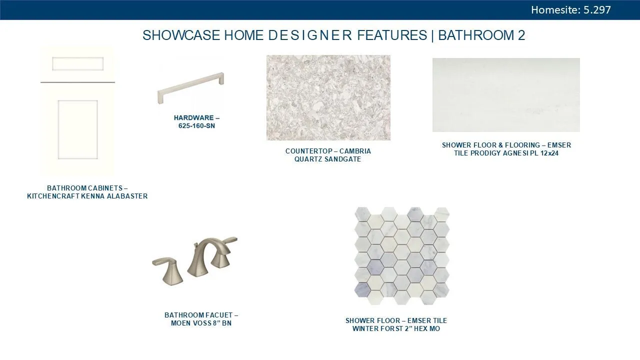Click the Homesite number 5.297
click(x=597, y=10)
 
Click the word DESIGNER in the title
click(x=310, y=35)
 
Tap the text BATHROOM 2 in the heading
click(x=481, y=35)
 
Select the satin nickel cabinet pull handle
click(x=190, y=87)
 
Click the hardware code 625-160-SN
click(x=196, y=126)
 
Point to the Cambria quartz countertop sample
click(x=328, y=97)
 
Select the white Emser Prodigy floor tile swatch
click(x=506, y=95)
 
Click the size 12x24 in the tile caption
click(x=549, y=153)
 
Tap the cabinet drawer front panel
click(x=77, y=64)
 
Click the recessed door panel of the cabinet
click(x=77, y=129)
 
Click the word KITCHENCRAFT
click(x=53, y=196)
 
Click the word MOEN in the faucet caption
click(x=181, y=323)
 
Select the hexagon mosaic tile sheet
click(x=401, y=255)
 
